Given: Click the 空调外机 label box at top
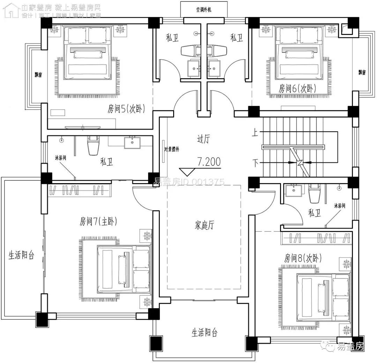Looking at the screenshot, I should click(x=199, y=9).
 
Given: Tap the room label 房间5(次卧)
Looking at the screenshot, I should click(x=126, y=109).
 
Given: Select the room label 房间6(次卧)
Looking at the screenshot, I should click(x=297, y=88).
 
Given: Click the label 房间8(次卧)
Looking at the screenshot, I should click(x=303, y=258).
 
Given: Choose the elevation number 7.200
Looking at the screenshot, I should click(x=209, y=162).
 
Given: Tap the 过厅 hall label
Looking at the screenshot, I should click(x=204, y=139).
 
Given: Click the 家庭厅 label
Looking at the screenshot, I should click(x=204, y=225).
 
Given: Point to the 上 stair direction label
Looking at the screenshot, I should click(x=256, y=132).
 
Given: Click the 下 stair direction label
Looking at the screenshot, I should click(x=256, y=163).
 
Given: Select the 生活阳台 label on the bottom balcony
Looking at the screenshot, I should click(x=204, y=332).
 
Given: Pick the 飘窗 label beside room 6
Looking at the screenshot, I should click(x=362, y=72).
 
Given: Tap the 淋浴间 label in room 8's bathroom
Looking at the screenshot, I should click(x=340, y=206).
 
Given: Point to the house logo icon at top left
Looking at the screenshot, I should click(x=11, y=9).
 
